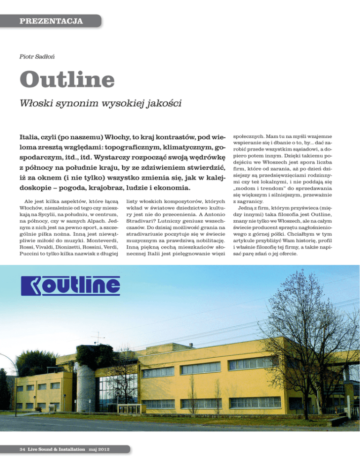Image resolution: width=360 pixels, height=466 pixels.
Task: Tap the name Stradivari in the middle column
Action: [x=143, y=215]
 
